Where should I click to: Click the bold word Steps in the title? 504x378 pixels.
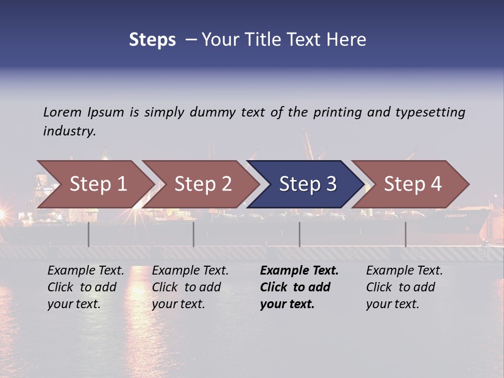152,40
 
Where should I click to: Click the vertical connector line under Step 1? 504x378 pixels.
89,234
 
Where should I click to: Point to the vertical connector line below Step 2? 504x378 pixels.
194,234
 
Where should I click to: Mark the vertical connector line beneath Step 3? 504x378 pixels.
300,234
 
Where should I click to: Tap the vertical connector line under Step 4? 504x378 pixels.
405,234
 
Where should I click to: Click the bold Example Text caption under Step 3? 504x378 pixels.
299,287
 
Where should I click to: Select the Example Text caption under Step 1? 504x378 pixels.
86,287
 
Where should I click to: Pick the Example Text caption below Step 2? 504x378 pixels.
190,287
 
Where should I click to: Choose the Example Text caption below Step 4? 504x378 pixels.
404,287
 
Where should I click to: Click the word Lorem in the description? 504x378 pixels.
62,112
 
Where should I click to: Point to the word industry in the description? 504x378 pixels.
69,131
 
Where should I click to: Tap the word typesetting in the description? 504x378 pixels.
430,112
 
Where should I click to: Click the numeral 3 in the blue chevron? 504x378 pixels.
331,184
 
